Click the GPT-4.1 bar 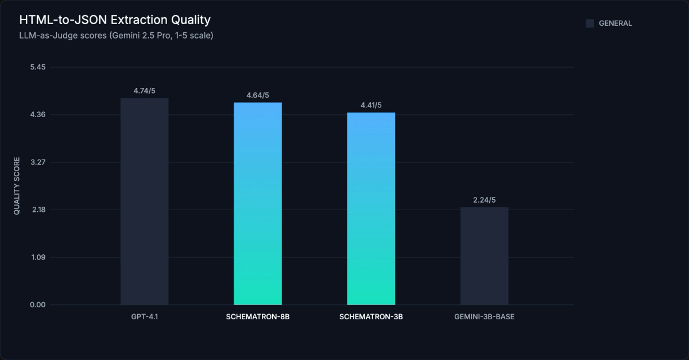(144, 201)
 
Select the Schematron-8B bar (258, 203)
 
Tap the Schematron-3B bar (371, 208)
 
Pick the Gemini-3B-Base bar (484, 256)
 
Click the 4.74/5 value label (144, 91)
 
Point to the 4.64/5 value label (258, 95)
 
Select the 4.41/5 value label (371, 105)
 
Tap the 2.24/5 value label (484, 200)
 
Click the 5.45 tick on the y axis (38, 67)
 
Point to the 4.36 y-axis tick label (38, 115)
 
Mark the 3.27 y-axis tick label (38, 162)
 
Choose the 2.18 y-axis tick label (38, 210)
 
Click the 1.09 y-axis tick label (38, 257)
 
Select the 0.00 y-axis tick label (38, 305)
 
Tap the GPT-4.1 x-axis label (144, 317)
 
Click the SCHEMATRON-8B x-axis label (258, 317)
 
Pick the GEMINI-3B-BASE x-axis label (484, 317)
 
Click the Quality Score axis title (17, 186)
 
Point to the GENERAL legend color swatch (590, 24)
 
